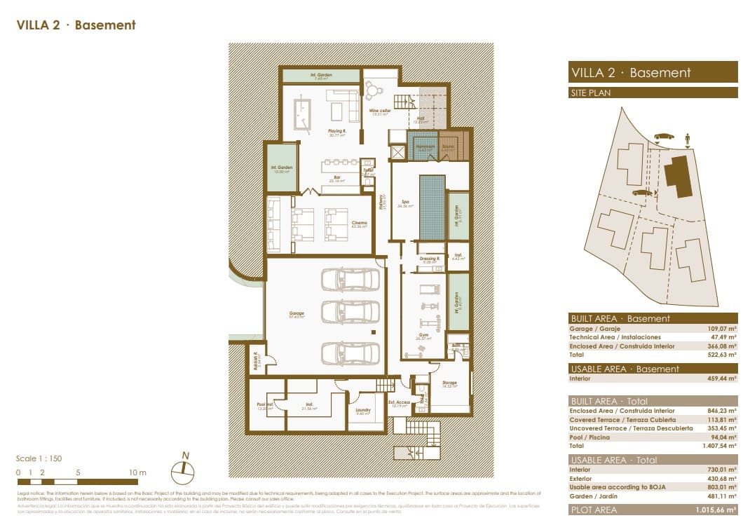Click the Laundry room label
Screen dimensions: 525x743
[363, 411]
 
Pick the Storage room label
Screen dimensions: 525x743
[449, 383]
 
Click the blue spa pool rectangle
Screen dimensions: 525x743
[431, 207]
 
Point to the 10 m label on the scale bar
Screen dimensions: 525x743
[138, 472]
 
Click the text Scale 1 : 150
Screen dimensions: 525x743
[39, 458]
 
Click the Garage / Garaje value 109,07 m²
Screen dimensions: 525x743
[722, 329]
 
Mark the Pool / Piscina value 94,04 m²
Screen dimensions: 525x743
[722, 437]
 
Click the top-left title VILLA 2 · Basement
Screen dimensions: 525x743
[76, 25]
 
